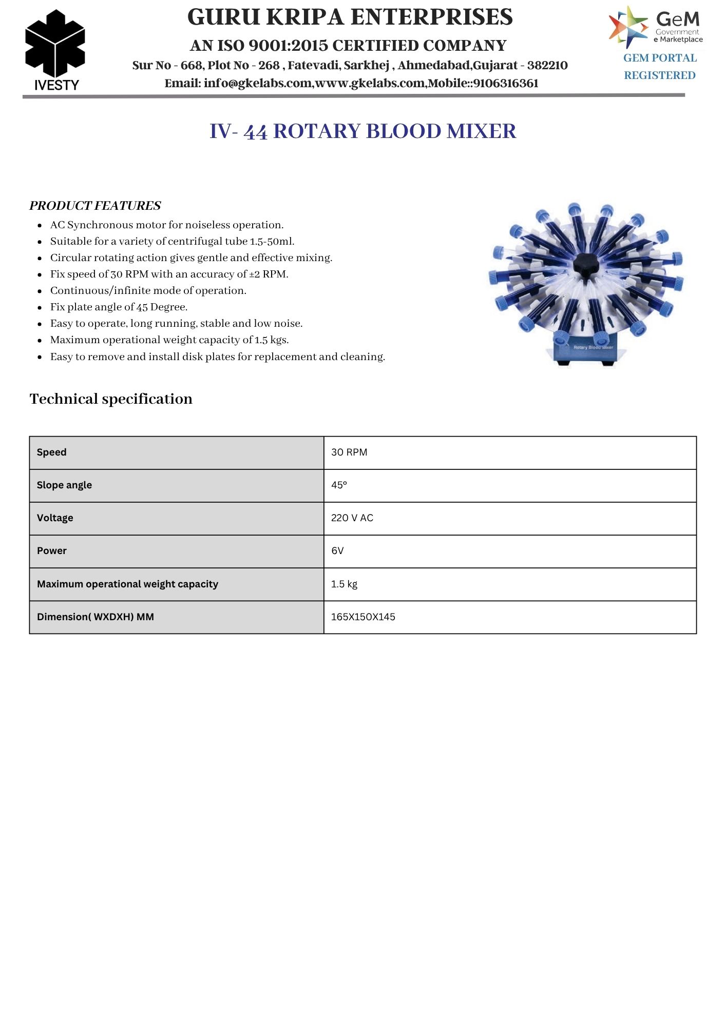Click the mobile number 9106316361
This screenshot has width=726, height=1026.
click(506, 84)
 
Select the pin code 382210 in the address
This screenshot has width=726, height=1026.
click(547, 66)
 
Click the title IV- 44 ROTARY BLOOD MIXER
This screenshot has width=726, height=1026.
click(362, 131)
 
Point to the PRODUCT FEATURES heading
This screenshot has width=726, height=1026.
click(95, 206)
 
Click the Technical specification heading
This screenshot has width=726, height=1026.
click(111, 399)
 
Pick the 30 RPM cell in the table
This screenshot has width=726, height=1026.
click(349, 452)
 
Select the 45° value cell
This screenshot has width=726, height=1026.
click(339, 485)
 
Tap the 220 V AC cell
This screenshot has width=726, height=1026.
click(352, 518)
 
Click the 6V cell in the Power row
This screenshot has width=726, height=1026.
click(337, 551)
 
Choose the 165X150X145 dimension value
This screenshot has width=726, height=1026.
click(363, 617)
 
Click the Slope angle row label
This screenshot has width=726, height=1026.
click(64, 485)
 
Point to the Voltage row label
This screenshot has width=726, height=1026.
click(55, 518)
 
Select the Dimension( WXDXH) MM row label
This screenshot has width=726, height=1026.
click(95, 617)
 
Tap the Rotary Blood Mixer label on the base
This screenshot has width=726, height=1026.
click(593, 348)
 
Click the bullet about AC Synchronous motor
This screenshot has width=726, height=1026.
click(167, 225)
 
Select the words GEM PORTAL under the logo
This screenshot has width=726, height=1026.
click(660, 58)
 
